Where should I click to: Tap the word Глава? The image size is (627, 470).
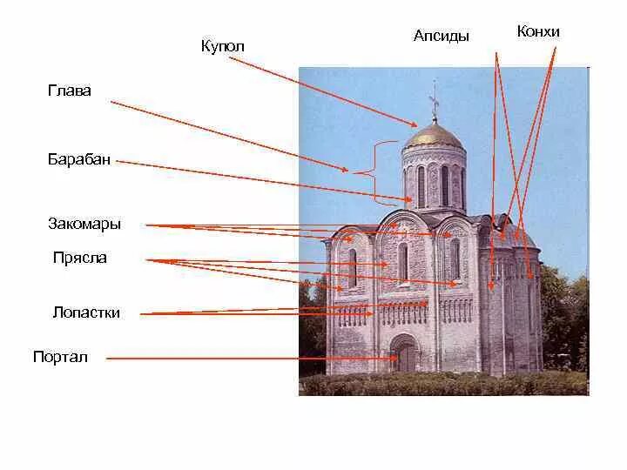point(71,91)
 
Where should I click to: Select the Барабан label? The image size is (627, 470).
point(79,160)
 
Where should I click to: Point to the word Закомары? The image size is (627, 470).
point(84,225)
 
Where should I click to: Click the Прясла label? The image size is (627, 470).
point(80,258)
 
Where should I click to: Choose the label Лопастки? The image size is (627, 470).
point(86,313)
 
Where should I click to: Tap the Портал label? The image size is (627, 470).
point(60,357)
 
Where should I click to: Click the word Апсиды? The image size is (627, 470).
point(442,37)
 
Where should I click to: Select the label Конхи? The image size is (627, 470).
point(538,32)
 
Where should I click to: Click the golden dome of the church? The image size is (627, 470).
point(433,135)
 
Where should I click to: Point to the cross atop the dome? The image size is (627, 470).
point(434,100)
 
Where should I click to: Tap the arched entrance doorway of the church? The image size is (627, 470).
point(406,355)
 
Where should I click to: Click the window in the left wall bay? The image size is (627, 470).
point(353,267)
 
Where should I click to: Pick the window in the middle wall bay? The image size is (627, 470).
point(403,261)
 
